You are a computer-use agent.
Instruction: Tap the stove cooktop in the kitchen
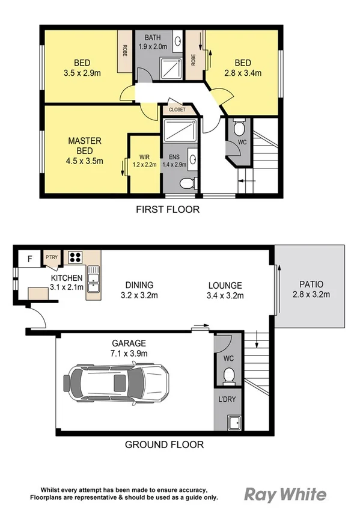point(75,258)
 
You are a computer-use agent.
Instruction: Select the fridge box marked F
point(29,259)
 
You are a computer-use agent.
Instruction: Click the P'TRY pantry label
point(51,258)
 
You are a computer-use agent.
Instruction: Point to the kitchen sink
point(93,280)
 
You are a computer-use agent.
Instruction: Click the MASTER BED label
point(84,146)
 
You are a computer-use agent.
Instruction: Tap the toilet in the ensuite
point(188,183)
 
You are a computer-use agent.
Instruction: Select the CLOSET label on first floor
point(177,110)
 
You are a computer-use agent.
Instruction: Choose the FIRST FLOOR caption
point(168,210)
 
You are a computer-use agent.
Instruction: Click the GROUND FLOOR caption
point(164,445)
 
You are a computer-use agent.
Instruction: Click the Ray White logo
point(285,494)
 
